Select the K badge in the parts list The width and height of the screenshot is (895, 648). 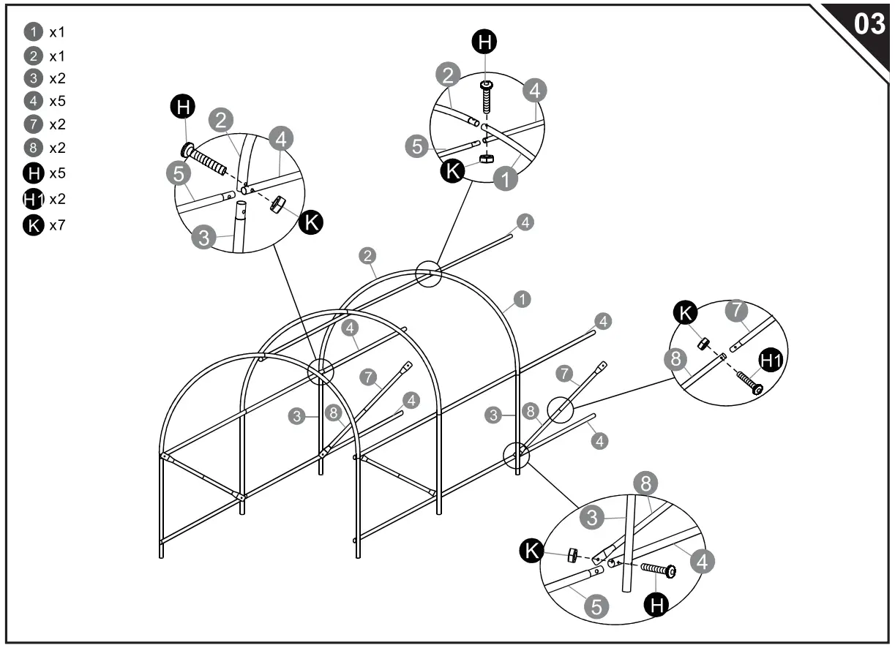click(34, 226)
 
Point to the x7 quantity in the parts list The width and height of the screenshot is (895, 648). click(58, 226)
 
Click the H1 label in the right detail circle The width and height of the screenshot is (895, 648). click(770, 359)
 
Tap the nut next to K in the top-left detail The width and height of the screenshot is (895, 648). click(277, 206)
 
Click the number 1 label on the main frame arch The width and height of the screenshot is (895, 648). click(523, 298)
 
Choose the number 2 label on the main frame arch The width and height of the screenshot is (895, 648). click(368, 255)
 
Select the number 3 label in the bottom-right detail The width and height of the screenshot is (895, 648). click(593, 518)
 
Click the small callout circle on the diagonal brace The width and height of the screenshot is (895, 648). click(561, 410)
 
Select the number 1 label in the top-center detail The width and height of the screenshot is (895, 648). click(505, 178)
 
